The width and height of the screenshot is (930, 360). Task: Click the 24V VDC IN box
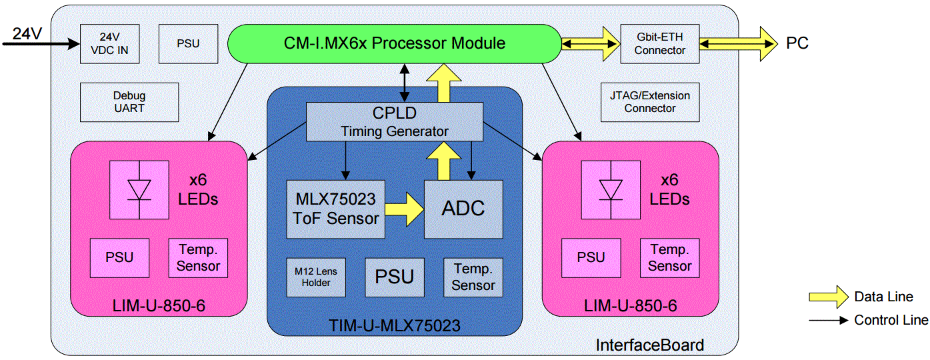pos(109,44)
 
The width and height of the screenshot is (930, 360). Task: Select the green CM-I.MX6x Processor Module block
pos(394,44)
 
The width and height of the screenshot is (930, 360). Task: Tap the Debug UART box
pos(129,102)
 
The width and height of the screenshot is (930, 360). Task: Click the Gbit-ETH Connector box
pos(659,44)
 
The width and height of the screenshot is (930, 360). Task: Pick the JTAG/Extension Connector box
pos(649,102)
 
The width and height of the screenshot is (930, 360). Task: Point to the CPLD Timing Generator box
pos(394,122)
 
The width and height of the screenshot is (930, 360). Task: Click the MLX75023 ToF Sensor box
pos(335,209)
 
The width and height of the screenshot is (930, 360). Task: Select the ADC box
pos(463,209)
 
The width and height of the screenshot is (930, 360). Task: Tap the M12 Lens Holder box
pos(316,277)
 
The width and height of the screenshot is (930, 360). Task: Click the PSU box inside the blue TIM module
pos(394,277)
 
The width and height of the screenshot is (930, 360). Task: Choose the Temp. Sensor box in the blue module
pos(473,277)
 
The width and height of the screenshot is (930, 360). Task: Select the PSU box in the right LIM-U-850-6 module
pos(591,258)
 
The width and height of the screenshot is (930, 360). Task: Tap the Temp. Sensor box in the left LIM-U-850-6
pos(198,258)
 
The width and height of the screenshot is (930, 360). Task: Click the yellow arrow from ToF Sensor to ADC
pos(405,209)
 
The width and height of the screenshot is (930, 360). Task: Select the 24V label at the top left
pos(27,33)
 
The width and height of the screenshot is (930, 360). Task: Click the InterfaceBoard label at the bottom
pos(649,345)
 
